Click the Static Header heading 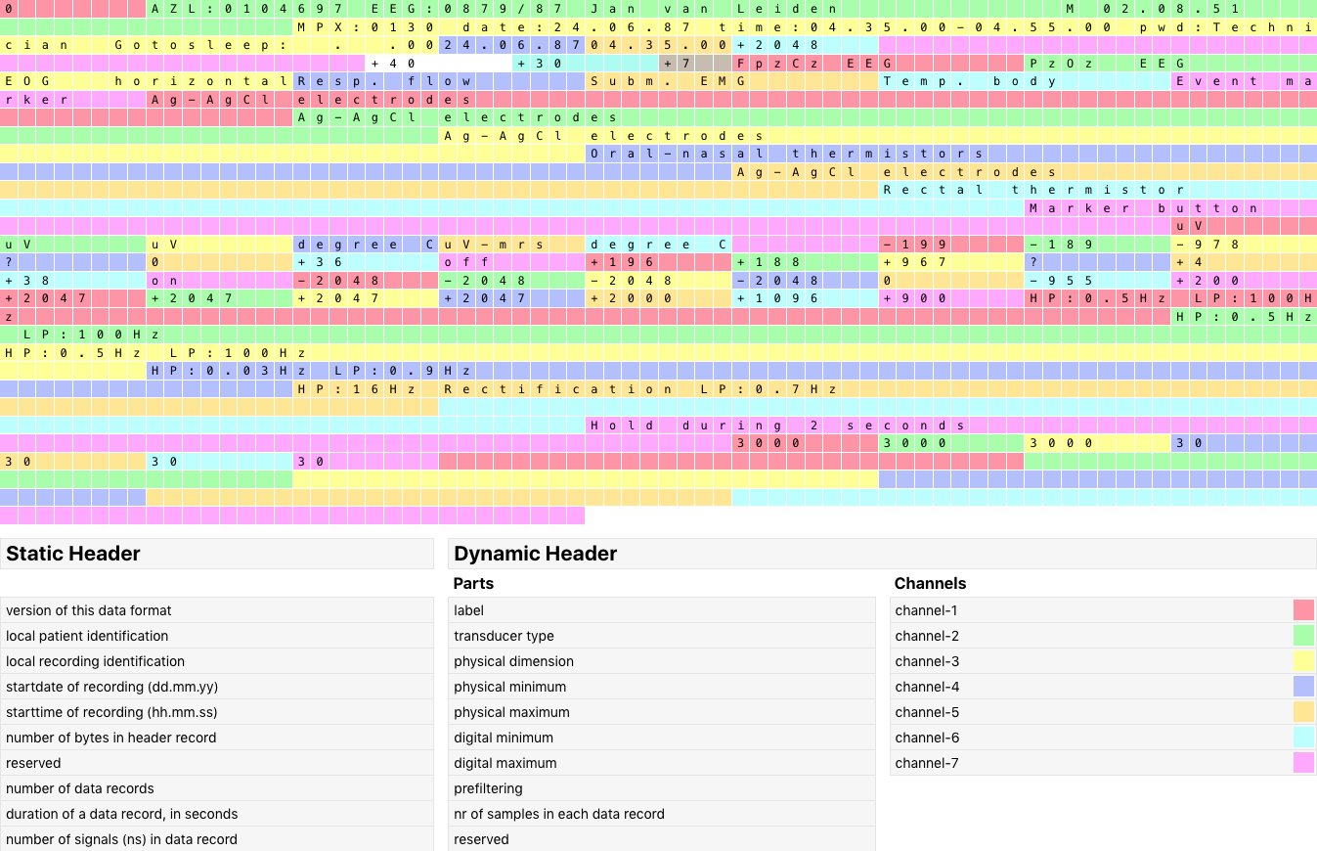pos(73,554)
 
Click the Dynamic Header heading pos(536,554)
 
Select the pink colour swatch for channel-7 pos(1303,763)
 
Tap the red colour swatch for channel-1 pos(1303,610)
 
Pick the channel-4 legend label pos(927,687)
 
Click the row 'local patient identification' pos(87,636)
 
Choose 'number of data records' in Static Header pos(80,788)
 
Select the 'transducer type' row pos(504,636)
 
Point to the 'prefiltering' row pos(488,788)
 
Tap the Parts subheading pos(473,583)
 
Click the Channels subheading pos(930,583)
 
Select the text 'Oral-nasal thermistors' pos(787,154)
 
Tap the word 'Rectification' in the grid pos(558,389)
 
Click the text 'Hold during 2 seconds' pos(778,425)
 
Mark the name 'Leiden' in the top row pos(778,9)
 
